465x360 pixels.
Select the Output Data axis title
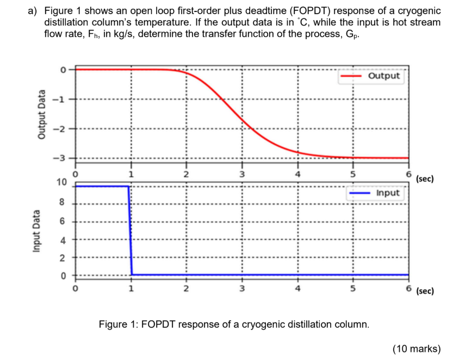tap(41, 117)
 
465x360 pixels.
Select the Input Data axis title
tap(36, 231)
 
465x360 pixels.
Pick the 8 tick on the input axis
tap(63, 203)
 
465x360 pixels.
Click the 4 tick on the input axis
tap(63, 239)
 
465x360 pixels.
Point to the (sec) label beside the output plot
tap(424, 178)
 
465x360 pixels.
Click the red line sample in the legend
tap(351, 77)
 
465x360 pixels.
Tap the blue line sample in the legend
tap(359, 194)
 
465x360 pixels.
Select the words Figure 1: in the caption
tap(119, 325)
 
